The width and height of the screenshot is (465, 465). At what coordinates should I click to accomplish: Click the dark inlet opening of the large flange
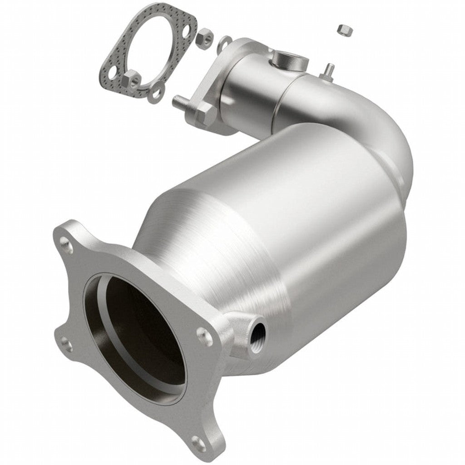(136, 336)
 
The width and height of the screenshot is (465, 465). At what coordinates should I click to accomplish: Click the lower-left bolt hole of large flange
(66, 345)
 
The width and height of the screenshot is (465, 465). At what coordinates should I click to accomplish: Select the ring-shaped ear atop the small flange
(224, 44)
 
